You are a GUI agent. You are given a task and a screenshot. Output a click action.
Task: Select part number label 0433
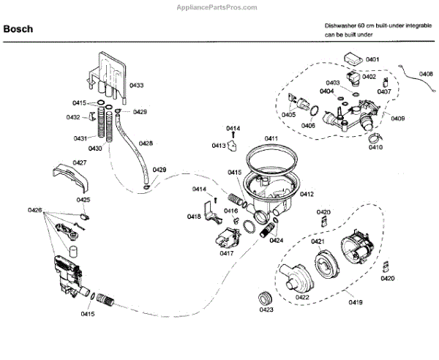tap(137, 86)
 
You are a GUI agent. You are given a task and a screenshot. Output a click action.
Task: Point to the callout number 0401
tap(372, 59)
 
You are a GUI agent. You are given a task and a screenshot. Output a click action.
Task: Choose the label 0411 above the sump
tap(271, 138)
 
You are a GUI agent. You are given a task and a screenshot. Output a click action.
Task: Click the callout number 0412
tap(307, 194)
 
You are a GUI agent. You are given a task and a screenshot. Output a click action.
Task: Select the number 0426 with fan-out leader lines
tap(35, 211)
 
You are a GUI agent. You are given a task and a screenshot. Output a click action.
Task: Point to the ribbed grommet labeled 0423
tap(265, 299)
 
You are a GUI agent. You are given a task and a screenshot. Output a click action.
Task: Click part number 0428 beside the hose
tap(146, 143)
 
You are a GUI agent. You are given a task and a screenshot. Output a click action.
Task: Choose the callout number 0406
tap(308, 126)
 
